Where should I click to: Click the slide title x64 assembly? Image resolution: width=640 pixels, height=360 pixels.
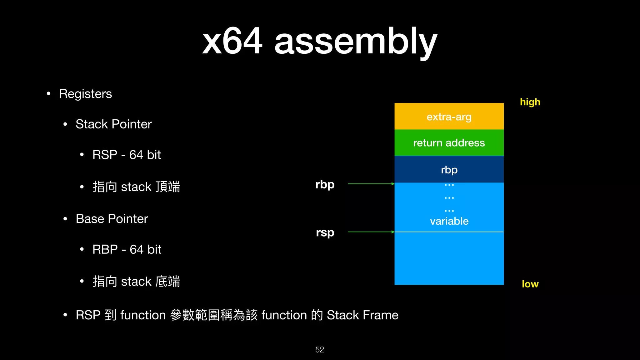pos(319,41)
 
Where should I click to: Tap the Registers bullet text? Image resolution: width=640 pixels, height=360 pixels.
pos(85,94)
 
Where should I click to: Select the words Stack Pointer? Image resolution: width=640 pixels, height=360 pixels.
pos(113,124)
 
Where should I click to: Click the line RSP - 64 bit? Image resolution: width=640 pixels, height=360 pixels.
pos(127,155)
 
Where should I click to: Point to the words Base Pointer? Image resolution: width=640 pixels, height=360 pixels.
pos(112,219)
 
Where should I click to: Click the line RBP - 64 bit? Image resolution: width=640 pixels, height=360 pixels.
pos(127,250)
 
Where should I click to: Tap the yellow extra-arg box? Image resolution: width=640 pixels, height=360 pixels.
pos(449,117)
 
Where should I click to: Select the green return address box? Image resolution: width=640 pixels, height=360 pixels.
pos(449,143)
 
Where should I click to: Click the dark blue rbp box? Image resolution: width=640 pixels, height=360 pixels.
pos(449,170)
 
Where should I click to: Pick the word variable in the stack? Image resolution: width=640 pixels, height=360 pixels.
pos(449,221)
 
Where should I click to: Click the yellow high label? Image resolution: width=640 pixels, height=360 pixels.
pos(530,102)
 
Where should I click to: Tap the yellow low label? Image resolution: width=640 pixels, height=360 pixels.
pos(530,284)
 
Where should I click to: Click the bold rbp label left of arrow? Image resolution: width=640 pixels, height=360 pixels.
pos(325,184)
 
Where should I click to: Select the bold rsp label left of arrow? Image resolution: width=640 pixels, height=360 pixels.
pos(325,232)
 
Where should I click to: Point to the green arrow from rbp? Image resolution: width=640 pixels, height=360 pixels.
pos(371,184)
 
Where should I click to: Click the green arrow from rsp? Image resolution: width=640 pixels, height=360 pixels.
pos(371,232)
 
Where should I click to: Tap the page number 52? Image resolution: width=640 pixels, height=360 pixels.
pos(319,350)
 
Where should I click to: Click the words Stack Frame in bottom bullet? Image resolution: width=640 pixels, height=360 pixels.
pos(362,315)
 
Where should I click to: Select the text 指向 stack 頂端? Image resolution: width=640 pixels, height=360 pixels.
pos(136,187)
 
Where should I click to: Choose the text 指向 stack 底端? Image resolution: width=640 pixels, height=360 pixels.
pos(136,282)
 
